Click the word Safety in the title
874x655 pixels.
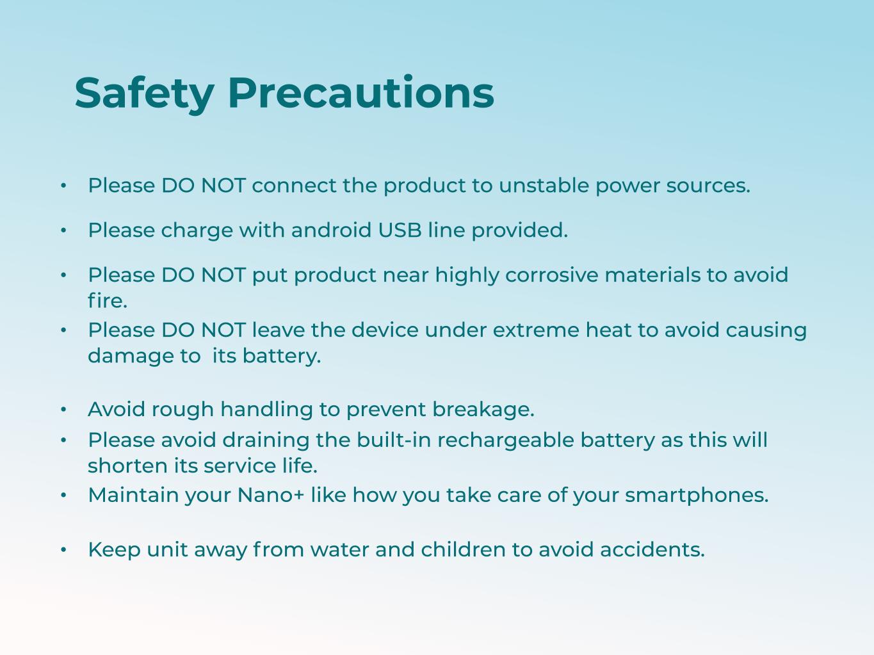tap(144, 93)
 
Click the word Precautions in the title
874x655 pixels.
tap(361, 92)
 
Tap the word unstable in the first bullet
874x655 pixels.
tap(544, 186)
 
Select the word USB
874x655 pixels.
tap(400, 230)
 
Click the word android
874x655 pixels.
tap(331, 230)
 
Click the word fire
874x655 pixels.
tap(108, 301)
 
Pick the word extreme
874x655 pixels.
tap(536, 330)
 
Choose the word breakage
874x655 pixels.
tap(483, 410)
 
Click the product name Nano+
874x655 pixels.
tap(271, 496)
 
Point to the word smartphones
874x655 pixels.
tap(697, 496)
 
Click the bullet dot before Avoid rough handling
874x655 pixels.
tap(63, 410)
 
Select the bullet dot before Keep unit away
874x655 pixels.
tap(63, 550)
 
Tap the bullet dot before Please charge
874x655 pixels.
tap(63, 230)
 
